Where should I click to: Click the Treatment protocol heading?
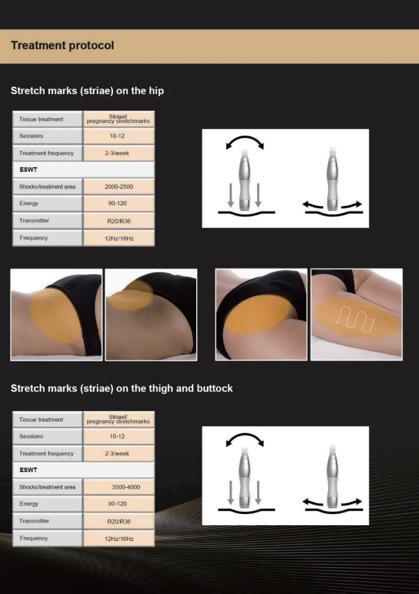[63, 45]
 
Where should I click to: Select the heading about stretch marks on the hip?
[87, 91]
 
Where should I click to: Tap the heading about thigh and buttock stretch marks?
[121, 389]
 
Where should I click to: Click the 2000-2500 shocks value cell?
[119, 187]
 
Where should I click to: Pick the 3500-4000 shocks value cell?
[119, 487]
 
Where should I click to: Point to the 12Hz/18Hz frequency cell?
[119, 238]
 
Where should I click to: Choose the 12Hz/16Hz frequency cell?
[119, 539]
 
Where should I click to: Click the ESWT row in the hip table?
[83, 169]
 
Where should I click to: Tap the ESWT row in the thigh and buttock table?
[83, 470]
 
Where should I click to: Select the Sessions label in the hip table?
[31, 136]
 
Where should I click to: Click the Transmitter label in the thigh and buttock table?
[34, 521]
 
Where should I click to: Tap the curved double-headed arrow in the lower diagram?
[245, 435]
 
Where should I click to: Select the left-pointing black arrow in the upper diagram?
[313, 205]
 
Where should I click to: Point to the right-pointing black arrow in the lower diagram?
[351, 502]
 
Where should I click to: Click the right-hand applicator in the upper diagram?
[333, 178]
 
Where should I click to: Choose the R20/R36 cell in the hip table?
[119, 221]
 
